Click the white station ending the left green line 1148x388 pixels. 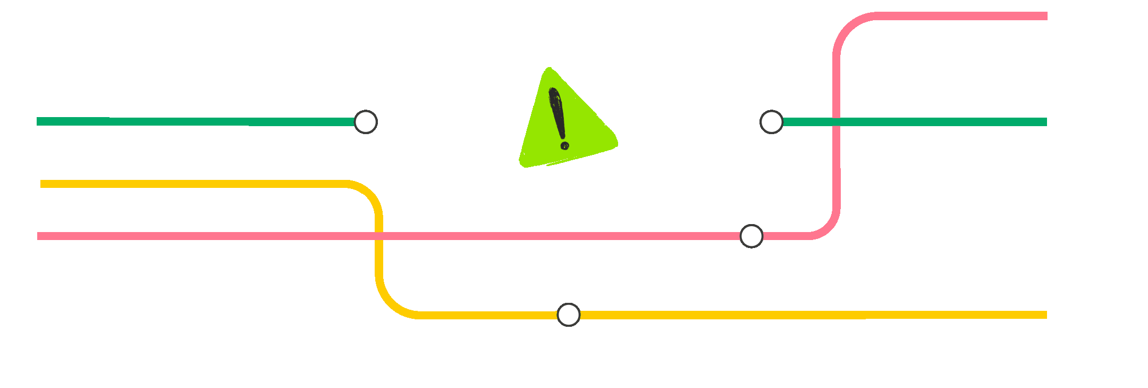[366, 122]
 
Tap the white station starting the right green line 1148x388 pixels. [771, 122]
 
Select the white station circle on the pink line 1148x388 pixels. [752, 236]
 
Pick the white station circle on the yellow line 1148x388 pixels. [568, 315]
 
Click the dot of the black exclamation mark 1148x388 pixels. [564, 145]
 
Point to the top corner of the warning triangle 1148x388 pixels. [549, 69]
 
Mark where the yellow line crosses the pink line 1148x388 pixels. [379, 236]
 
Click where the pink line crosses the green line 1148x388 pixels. [836, 122]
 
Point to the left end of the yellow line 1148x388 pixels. [42, 184]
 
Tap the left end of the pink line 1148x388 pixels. [39, 236]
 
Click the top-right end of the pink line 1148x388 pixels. [1045, 16]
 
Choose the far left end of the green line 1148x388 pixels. [38, 121]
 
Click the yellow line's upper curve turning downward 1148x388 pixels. [369, 194]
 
